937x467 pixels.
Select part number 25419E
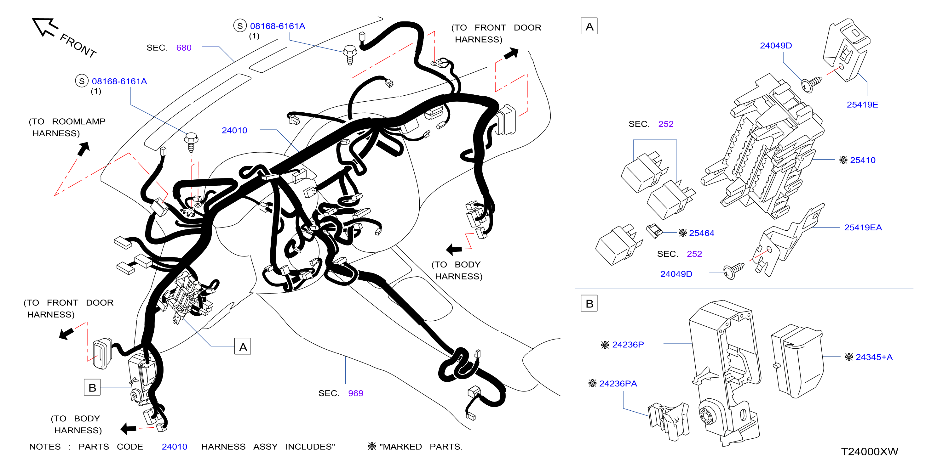862,105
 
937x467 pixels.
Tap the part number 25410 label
862,160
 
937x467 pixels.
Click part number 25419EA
863,228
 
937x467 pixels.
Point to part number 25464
701,233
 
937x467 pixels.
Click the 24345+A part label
874,357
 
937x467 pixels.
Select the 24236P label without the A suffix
628,345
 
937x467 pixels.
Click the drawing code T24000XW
869,452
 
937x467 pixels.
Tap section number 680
184,48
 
